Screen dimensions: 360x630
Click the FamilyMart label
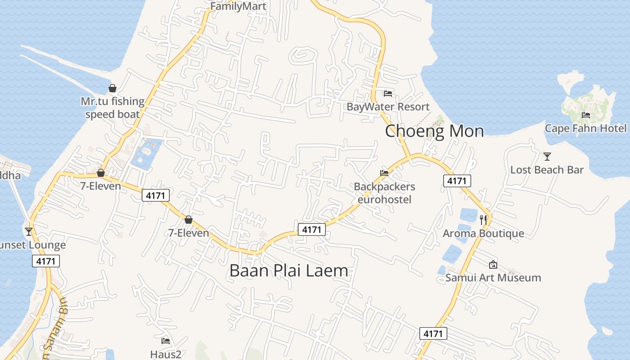coord(238,7)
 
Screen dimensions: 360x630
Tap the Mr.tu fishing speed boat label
coord(112,108)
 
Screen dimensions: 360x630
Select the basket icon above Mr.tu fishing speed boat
coord(112,88)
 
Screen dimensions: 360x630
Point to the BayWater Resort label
coord(388,107)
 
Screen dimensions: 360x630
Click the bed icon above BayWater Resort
coord(388,94)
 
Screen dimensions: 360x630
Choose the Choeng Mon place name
coord(434,131)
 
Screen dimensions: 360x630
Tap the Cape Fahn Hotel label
coord(585,128)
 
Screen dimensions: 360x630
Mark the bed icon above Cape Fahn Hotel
coord(585,115)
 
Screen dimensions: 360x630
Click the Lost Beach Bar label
coord(547,170)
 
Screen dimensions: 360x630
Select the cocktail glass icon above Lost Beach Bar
coord(547,157)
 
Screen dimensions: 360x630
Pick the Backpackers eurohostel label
coord(384,193)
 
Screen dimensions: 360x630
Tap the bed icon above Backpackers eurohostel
coord(384,173)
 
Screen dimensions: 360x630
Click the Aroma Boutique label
coord(483,233)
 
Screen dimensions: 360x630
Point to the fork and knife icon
coord(483,220)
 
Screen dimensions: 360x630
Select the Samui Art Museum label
coord(493,278)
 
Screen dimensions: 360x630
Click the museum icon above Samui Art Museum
coord(493,265)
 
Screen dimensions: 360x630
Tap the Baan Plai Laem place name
coord(288,270)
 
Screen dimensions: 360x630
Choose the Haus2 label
coord(166,354)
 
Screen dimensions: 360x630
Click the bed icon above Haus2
coord(166,341)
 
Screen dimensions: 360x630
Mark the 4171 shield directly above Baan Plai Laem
coord(311,229)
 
